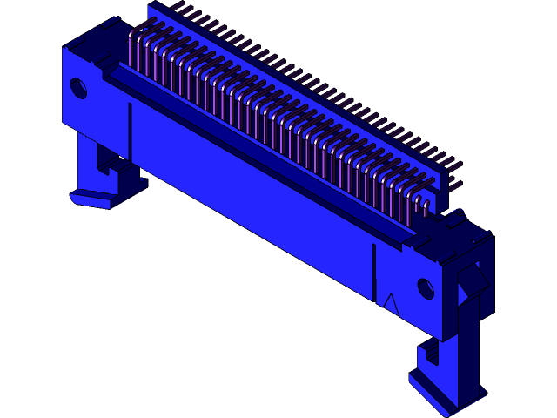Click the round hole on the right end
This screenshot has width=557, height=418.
coord(426,287)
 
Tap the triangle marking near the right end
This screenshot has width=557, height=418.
coord(390,304)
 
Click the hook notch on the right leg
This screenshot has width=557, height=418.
coord(427,354)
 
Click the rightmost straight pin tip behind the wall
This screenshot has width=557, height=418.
coord(460,165)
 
